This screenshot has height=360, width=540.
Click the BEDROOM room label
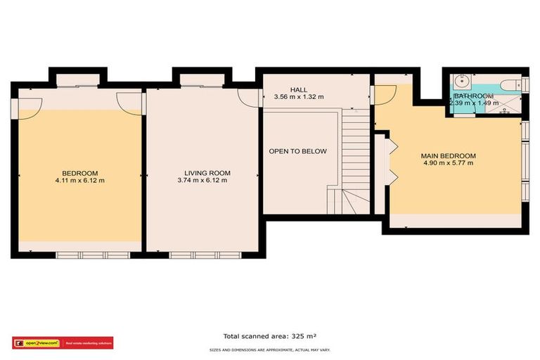(79, 173)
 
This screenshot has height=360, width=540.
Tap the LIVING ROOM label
(207, 173)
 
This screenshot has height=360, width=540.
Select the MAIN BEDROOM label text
(448, 155)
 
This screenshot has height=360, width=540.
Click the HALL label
(299, 89)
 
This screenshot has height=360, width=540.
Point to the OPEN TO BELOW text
(297, 151)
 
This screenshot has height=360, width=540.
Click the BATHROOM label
(473, 96)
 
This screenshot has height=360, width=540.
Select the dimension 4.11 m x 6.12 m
(80, 181)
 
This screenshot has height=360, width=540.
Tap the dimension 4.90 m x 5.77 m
(448, 163)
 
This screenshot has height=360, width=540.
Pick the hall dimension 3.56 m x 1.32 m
(299, 97)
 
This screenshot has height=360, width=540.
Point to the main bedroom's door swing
(385, 95)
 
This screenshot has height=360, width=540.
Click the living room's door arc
(247, 98)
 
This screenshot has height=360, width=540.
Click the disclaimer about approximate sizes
(270, 349)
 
